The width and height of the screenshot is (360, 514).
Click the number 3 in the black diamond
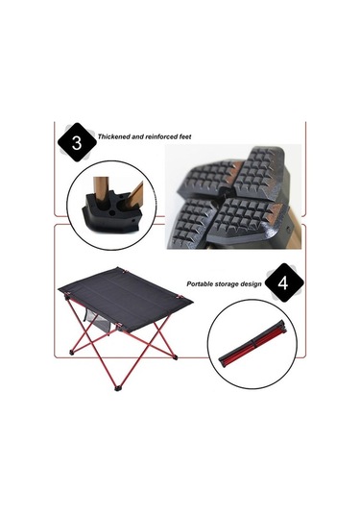pyautogui.click(x=77, y=143)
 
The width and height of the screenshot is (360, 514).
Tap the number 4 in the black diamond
pyautogui.click(x=283, y=282)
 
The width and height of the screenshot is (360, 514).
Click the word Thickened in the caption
pyautogui.click(x=113, y=136)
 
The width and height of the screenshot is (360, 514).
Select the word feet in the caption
pyautogui.click(x=185, y=136)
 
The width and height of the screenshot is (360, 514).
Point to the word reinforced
pyautogui.click(x=161, y=136)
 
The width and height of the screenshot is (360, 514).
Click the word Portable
pyautogui.click(x=201, y=283)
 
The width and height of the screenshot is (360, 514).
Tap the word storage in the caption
pyautogui.click(x=228, y=284)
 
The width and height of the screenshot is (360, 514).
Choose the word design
pyautogui.click(x=252, y=284)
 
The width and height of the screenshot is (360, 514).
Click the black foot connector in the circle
pyautogui.click(x=111, y=213)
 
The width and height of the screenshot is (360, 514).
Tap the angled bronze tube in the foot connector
pyautogui.click(x=134, y=196)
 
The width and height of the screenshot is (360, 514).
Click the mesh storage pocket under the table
pyautogui.click(x=99, y=321)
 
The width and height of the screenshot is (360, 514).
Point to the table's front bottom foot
pyautogui.click(x=117, y=389)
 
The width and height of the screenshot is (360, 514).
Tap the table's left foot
pyautogui.click(x=71, y=353)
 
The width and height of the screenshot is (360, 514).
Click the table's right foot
pyautogui.click(x=176, y=357)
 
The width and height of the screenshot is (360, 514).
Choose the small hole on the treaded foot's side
pyautogui.click(x=288, y=228)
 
